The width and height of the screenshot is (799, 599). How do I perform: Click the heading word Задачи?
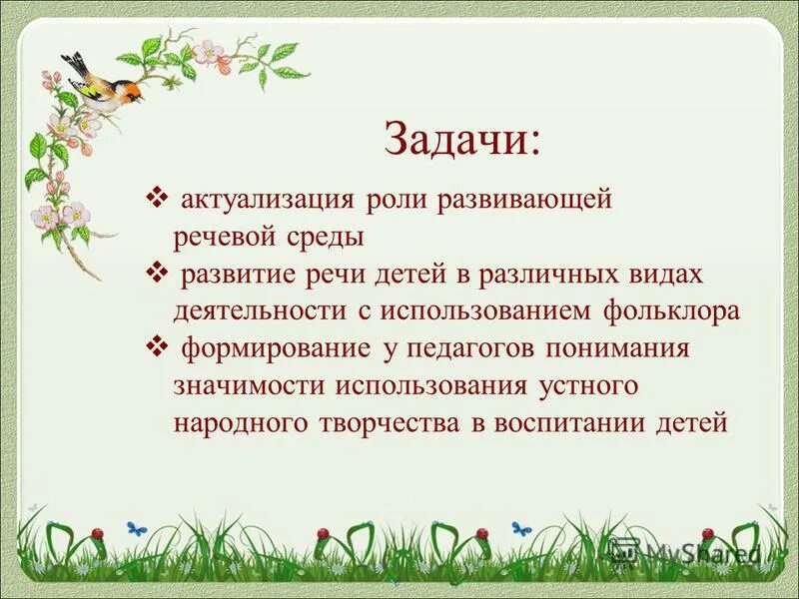[x=461, y=140]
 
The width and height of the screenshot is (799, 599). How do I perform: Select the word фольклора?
[x=671, y=310]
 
